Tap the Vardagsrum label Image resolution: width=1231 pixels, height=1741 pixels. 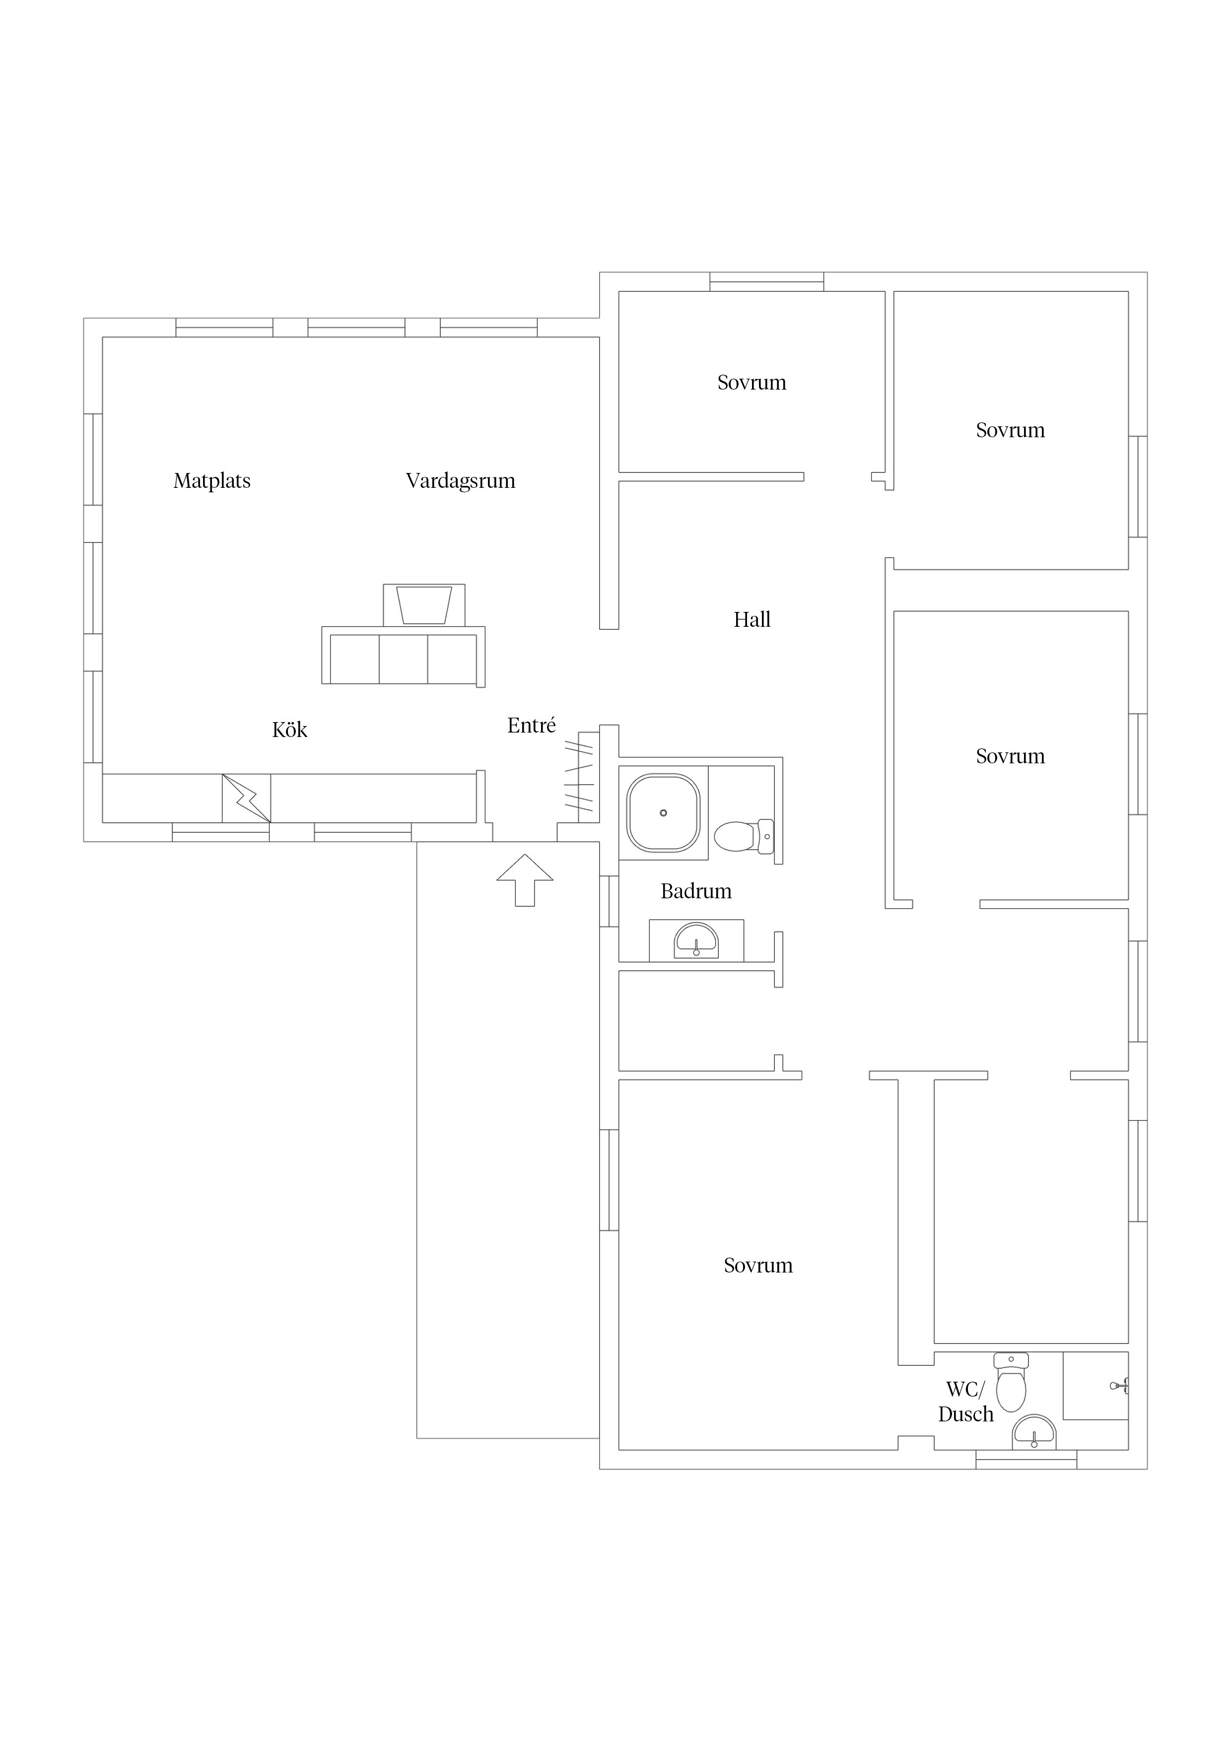point(461,481)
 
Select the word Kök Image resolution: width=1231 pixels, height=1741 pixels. point(290,730)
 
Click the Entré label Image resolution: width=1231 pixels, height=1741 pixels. point(531,725)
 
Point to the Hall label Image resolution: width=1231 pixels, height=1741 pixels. point(752,619)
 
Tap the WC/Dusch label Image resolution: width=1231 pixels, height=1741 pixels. point(965,1402)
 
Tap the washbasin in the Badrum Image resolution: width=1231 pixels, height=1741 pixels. point(696,939)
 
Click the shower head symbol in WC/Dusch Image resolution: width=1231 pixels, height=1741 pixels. point(1120,1385)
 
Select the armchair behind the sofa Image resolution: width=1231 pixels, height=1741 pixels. point(424,605)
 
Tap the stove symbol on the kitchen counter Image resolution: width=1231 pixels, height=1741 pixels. point(247,798)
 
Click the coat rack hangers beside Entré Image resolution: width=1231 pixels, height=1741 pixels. point(579,777)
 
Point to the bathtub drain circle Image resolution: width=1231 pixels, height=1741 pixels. point(663,813)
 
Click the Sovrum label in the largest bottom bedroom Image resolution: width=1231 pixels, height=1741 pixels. point(758,1265)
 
